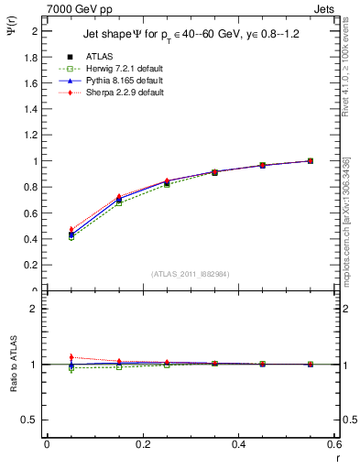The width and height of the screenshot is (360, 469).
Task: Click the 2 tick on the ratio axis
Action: tap(36, 309)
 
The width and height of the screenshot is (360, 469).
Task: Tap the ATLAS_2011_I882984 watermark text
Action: tap(191, 273)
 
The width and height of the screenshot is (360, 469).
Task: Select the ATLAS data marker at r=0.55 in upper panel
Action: tap(311, 161)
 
